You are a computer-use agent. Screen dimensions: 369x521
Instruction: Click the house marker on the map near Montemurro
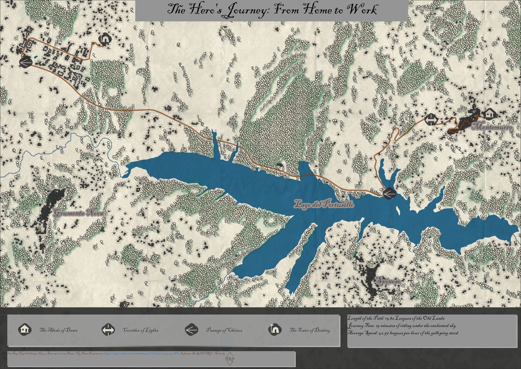pyautogui.click(x=490, y=114)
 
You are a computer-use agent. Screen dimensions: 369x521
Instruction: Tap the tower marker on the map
pyautogui.click(x=104, y=40)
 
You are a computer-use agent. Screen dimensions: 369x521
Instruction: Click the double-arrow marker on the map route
pyautogui.click(x=431, y=120)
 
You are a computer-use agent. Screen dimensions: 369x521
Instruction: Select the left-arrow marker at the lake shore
pyautogui.click(x=389, y=193)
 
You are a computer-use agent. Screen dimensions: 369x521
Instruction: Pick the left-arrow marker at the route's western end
pyautogui.click(x=25, y=63)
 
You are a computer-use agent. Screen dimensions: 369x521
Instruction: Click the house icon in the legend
pyautogui.click(x=24, y=330)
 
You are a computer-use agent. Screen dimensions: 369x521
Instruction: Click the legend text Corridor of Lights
pyautogui.click(x=140, y=330)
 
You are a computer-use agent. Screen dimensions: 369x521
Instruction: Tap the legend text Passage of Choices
pyautogui.click(x=224, y=330)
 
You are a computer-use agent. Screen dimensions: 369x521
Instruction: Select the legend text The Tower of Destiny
pyautogui.click(x=310, y=330)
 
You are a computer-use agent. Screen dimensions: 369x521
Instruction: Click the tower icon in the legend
pyautogui.click(x=274, y=330)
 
